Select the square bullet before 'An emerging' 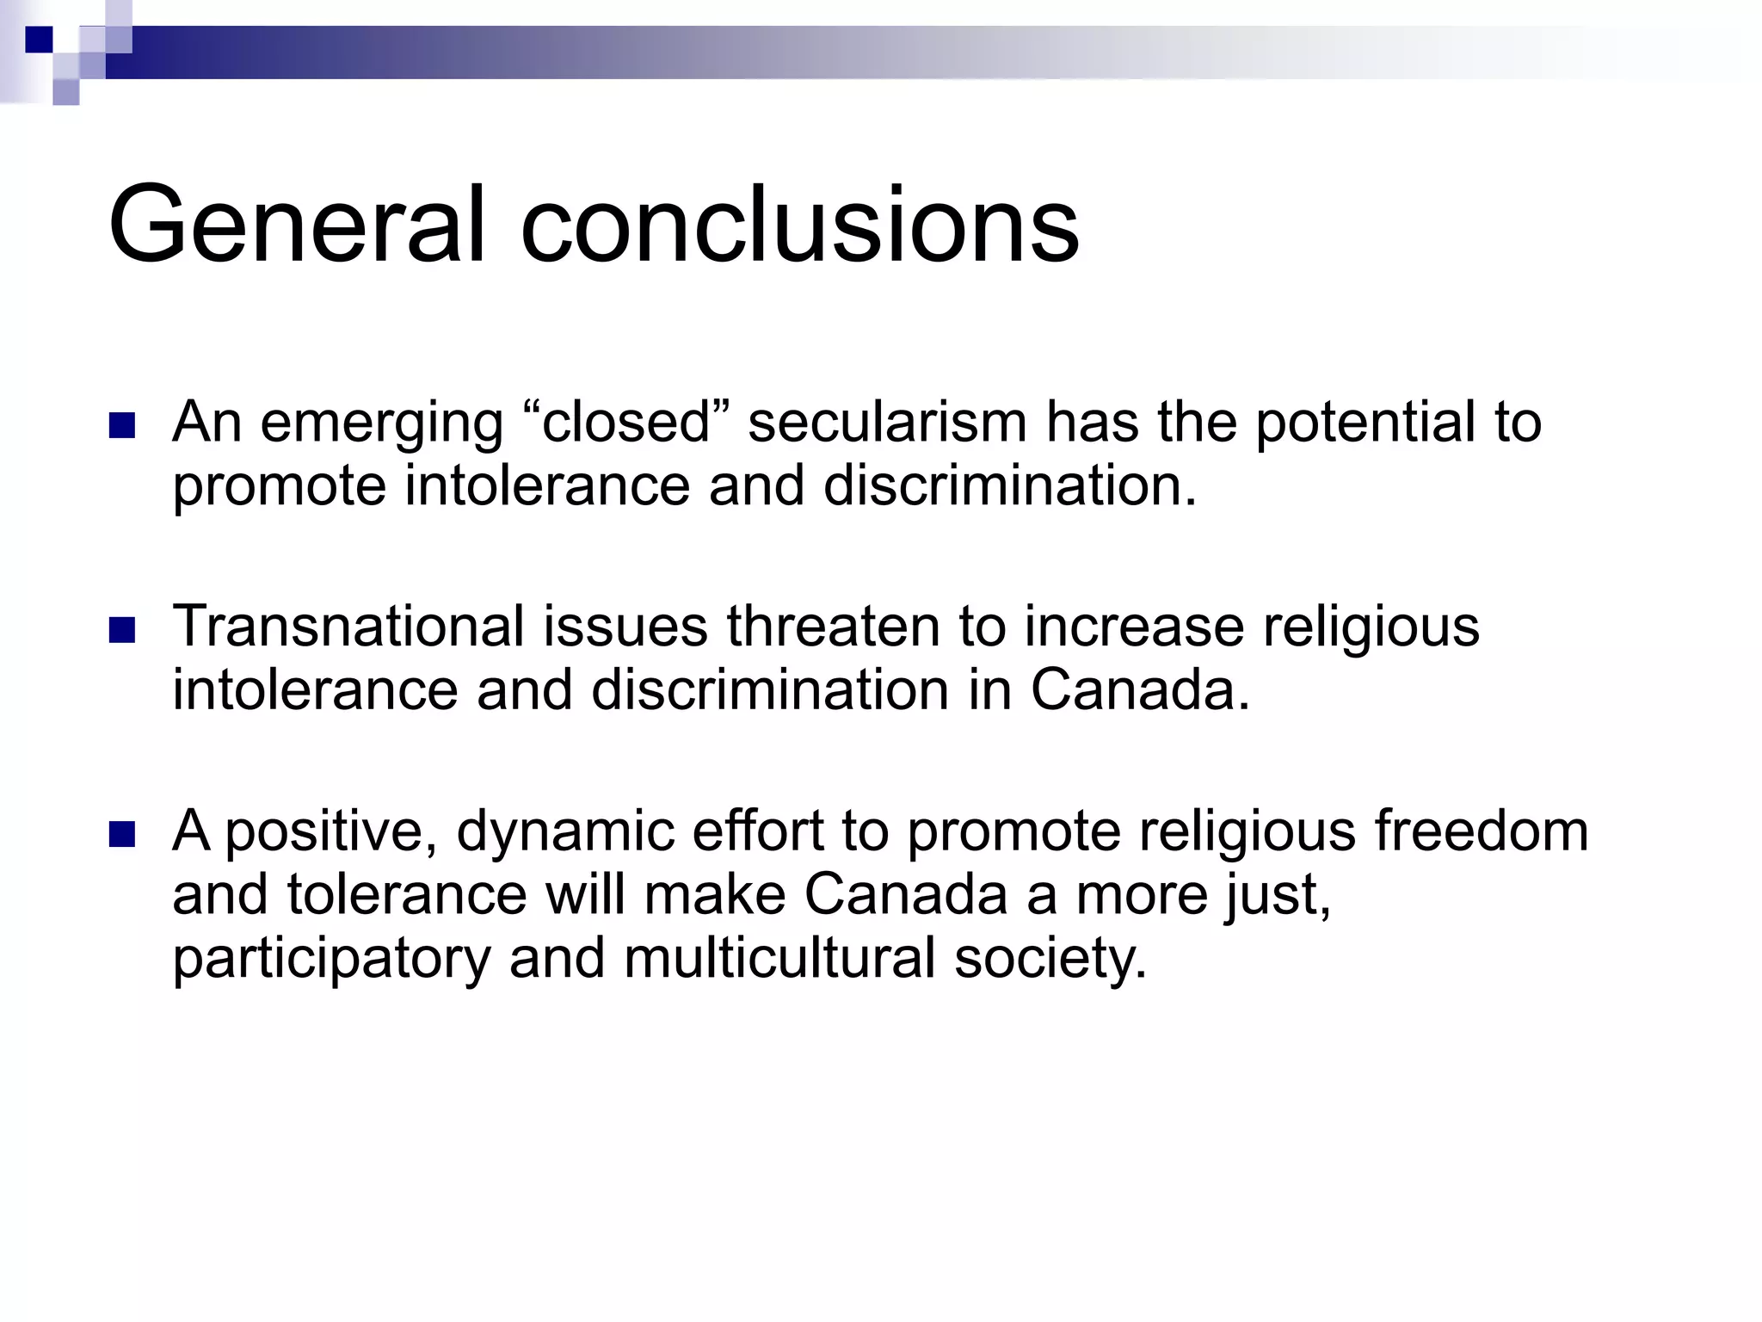pos(123,426)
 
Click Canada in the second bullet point pos(1139,689)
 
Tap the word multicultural pos(779,957)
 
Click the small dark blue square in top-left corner pos(39,40)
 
